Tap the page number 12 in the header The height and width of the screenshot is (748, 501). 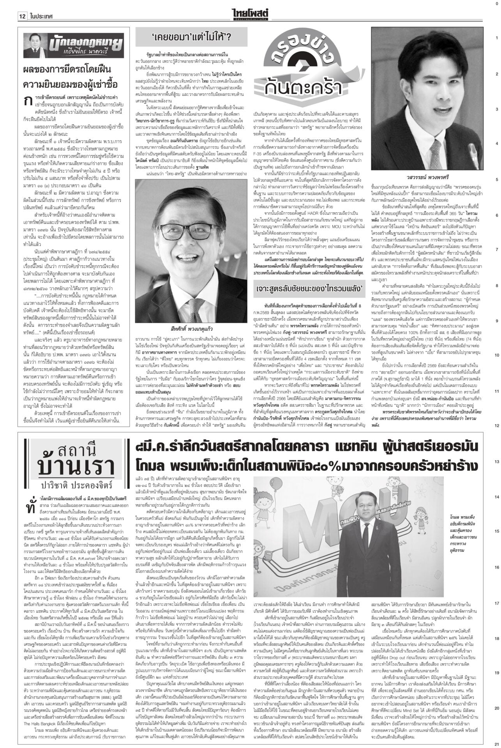[22, 16]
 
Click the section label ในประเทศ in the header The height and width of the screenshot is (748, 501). [41, 16]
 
